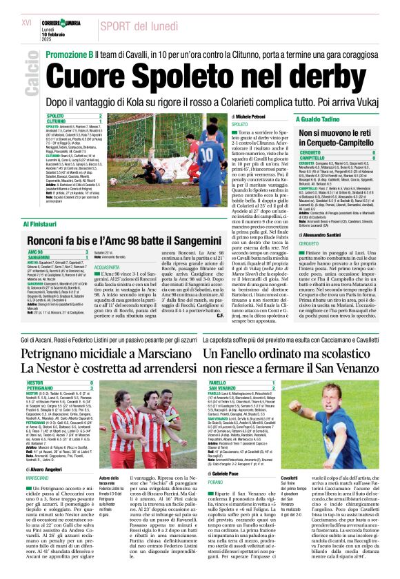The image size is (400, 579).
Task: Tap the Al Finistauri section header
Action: click(43, 224)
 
